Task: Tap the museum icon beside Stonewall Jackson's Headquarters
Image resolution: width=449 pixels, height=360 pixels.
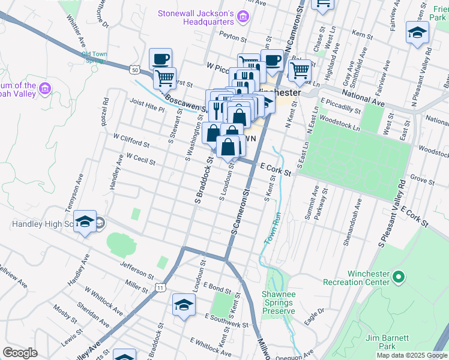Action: coord(243,18)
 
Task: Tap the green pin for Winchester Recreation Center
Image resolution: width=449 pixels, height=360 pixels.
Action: coord(398,277)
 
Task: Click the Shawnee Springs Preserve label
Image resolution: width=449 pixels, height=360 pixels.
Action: coord(278,302)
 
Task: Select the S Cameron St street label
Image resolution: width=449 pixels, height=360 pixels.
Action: coord(239,213)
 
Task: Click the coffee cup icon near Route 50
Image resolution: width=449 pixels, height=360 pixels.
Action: coord(160,59)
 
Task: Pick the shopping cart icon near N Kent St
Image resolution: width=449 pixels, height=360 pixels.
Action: coord(300,70)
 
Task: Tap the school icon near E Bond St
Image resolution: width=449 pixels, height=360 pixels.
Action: coord(184,305)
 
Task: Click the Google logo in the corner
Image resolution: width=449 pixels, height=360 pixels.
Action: coord(20,353)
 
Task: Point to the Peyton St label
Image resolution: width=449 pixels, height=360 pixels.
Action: coord(229,36)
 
